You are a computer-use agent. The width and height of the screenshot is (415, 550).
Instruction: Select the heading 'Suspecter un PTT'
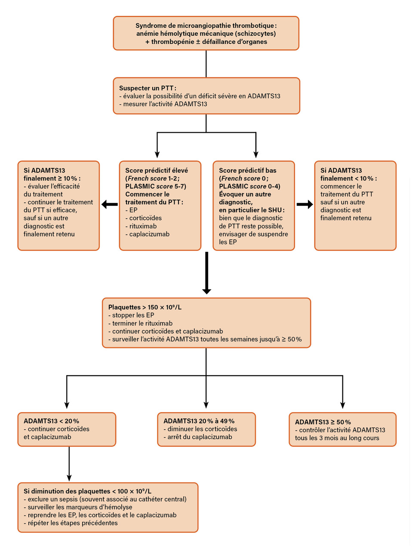pyautogui.click(x=147, y=88)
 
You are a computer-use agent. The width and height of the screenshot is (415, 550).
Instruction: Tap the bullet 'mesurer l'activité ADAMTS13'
pyautogui.click(x=165, y=104)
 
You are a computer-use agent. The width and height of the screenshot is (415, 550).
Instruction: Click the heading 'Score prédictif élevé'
pyautogui.click(x=157, y=171)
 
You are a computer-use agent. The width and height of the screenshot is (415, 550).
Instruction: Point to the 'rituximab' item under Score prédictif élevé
pyautogui.click(x=143, y=226)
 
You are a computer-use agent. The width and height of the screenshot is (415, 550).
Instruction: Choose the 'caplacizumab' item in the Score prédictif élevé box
pyautogui.click(x=149, y=234)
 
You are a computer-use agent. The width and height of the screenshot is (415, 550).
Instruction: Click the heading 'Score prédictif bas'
pyautogui.click(x=248, y=171)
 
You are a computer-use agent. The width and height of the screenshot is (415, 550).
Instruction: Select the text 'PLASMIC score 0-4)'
pyautogui.click(x=249, y=186)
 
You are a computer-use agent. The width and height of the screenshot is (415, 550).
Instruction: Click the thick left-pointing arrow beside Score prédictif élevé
pyautogui.click(x=109, y=205)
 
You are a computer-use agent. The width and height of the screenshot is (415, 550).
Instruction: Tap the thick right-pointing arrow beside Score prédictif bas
pyautogui.click(x=305, y=205)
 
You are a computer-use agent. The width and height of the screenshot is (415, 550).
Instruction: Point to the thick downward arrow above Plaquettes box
pyautogui.click(x=206, y=273)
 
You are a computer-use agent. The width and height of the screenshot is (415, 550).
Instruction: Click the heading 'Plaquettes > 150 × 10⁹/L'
pyautogui.click(x=145, y=307)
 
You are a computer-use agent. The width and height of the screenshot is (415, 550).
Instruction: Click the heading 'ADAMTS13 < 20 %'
pyautogui.click(x=51, y=421)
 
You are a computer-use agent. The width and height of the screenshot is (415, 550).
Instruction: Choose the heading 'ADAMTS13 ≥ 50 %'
pyautogui.click(x=323, y=422)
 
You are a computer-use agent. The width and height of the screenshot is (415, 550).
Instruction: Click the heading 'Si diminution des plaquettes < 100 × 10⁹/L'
pyautogui.click(x=87, y=491)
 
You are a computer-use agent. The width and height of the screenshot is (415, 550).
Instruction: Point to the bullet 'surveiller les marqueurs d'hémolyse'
pyautogui.click(x=80, y=507)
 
